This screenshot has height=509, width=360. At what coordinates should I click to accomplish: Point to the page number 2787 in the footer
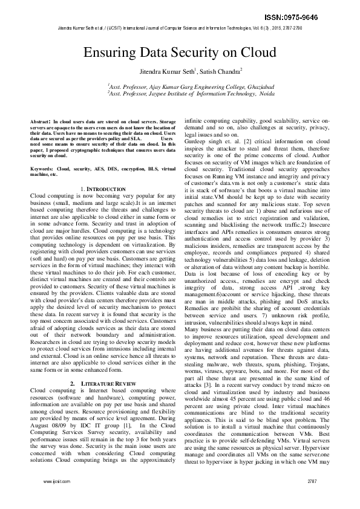[312, 498]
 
